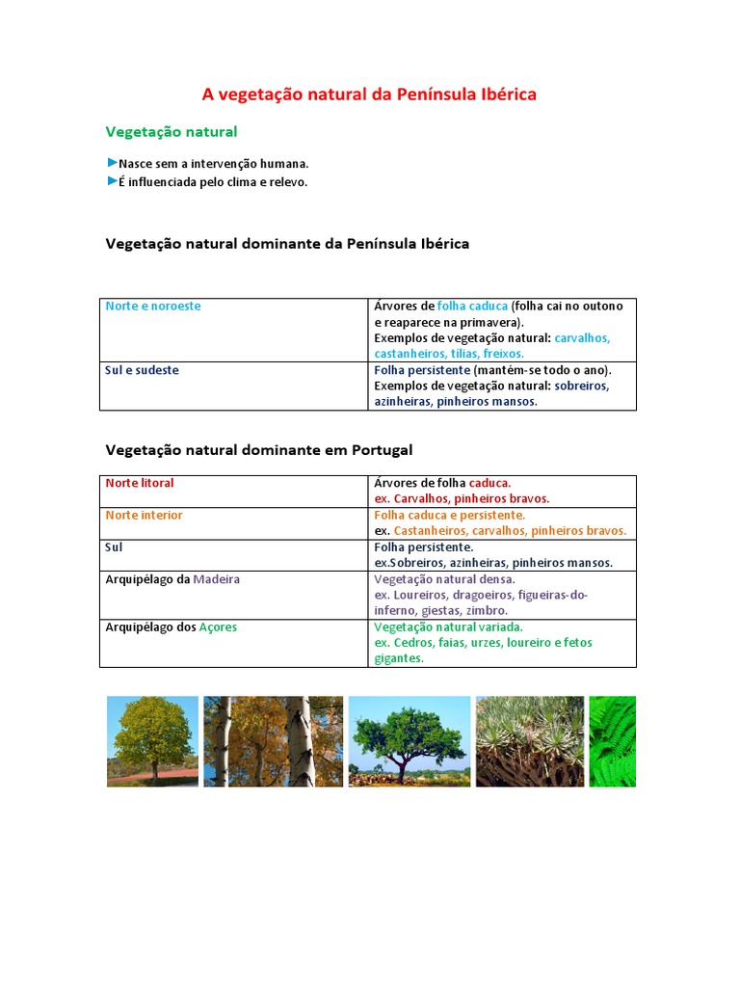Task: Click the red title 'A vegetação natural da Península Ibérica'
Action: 369,94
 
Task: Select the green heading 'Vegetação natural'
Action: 171,131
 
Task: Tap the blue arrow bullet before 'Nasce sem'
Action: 112,163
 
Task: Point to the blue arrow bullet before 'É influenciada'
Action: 112,181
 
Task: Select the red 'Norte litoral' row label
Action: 140,483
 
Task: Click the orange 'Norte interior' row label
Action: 144,516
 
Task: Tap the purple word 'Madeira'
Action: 217,579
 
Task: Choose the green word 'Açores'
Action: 217,627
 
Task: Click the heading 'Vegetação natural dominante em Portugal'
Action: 258,450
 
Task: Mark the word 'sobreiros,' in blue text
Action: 582,386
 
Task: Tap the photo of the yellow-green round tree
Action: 152,741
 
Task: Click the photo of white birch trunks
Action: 273,741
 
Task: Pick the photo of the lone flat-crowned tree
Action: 409,741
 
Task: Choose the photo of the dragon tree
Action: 529,741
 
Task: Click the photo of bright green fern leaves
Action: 612,741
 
